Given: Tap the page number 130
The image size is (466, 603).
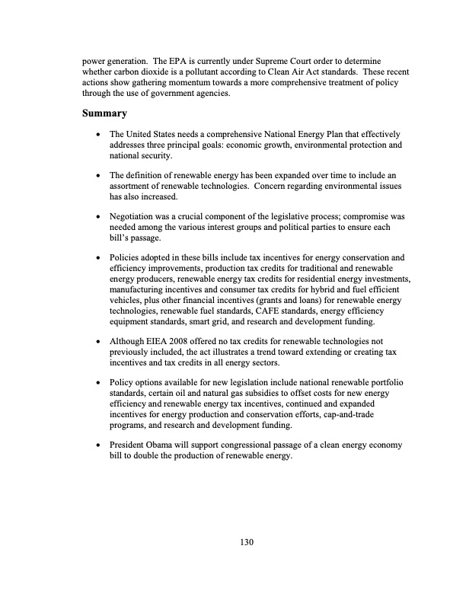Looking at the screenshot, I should [244, 542].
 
